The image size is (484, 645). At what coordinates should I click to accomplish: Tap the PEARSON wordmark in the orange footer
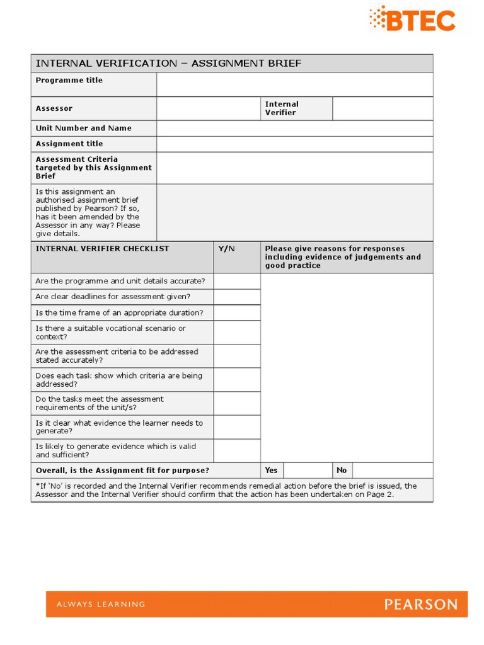point(421,605)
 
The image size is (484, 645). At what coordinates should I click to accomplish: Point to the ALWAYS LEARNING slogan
point(101,605)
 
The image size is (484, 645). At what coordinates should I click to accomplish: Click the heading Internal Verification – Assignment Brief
point(169,63)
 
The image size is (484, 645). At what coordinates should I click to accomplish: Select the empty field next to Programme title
point(294,84)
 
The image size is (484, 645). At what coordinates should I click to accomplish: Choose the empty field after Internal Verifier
point(383,108)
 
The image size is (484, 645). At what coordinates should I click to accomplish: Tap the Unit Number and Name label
point(84,128)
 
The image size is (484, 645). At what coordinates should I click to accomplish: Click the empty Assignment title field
point(294,144)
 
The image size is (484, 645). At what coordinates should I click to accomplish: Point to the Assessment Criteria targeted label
point(93,168)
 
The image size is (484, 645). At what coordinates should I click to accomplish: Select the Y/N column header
point(227,249)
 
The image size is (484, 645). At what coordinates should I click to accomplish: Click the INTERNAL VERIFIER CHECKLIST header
point(102,249)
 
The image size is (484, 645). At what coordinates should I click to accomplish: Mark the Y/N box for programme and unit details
point(236,281)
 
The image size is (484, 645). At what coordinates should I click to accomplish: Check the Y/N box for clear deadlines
point(236,297)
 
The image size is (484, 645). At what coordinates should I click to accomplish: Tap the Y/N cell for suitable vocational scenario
point(236,332)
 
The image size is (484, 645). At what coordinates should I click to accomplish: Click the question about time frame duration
point(119,312)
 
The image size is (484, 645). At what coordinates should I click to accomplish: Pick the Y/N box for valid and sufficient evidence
point(236,450)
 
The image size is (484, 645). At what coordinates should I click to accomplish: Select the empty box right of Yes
point(308,470)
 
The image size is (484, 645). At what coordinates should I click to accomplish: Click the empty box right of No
point(392,470)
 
